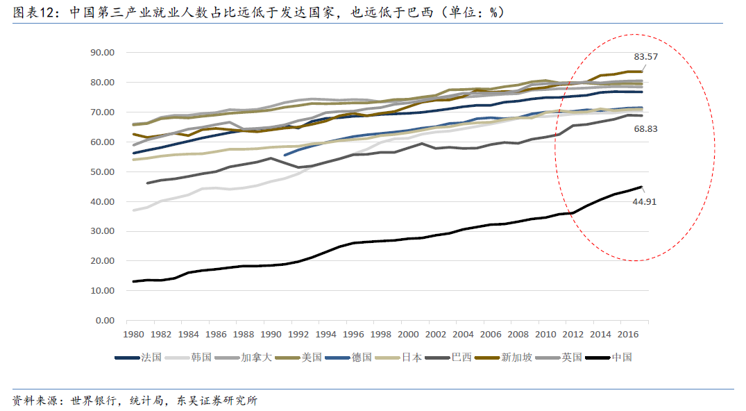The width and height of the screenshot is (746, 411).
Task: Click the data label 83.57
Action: click(x=645, y=57)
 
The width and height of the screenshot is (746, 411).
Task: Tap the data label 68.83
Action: click(x=645, y=128)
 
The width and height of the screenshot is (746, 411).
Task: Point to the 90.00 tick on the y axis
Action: click(x=102, y=53)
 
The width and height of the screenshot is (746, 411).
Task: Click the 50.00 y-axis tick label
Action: click(x=102, y=172)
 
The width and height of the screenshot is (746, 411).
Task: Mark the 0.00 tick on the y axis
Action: click(x=105, y=321)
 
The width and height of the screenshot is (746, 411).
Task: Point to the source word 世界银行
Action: click(x=94, y=401)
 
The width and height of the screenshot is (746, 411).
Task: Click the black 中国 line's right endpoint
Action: click(x=642, y=187)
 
